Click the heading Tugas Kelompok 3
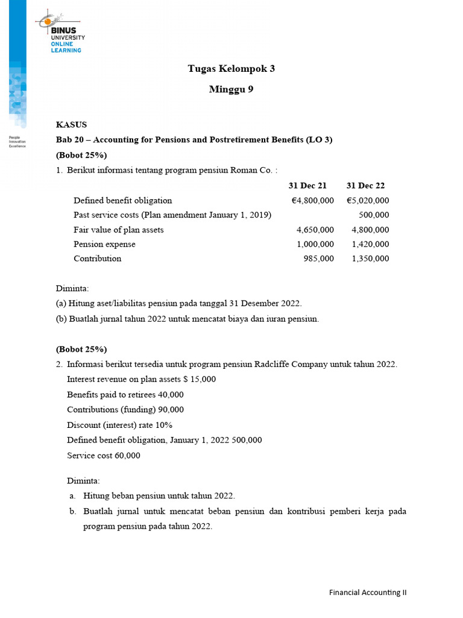[231, 69]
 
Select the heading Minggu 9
[231, 90]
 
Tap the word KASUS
[71, 125]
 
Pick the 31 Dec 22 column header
[365, 185]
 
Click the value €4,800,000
[312, 200]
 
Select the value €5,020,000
[368, 200]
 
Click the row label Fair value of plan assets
[118, 230]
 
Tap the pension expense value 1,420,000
[370, 244]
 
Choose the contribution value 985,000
[318, 259]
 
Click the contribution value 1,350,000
[370, 259]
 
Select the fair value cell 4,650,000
[315, 230]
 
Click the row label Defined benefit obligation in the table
[122, 200]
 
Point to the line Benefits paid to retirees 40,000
[125, 395]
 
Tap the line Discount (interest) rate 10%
[119, 425]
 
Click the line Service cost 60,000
[104, 456]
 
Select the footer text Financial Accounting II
[368, 592]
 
